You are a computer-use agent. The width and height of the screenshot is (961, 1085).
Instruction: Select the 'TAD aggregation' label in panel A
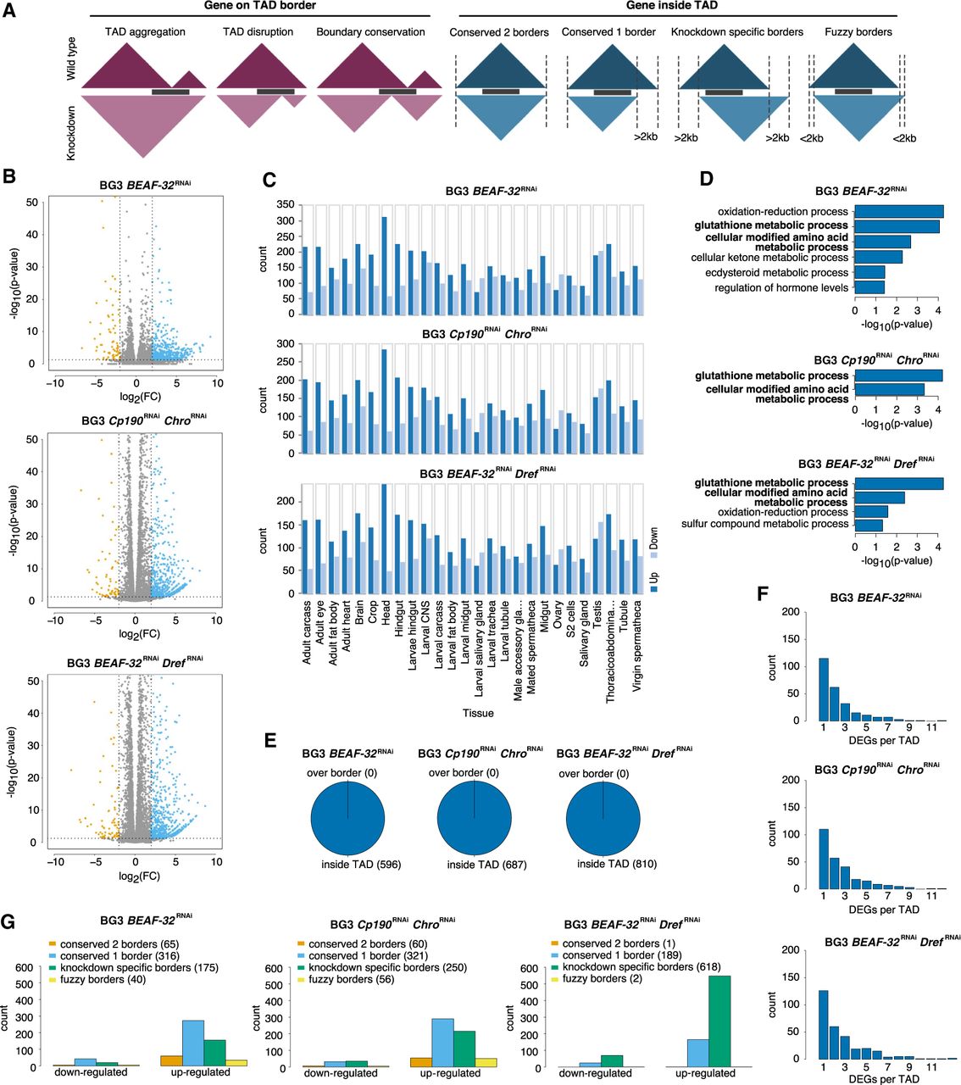(145, 32)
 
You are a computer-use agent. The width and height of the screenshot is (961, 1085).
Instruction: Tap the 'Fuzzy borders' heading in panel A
(858, 32)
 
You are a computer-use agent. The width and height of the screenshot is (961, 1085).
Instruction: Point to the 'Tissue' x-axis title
(478, 713)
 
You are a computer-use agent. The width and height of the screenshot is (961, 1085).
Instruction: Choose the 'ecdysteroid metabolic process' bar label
(776, 273)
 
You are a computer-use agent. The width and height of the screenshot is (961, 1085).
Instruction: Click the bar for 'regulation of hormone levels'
(869, 287)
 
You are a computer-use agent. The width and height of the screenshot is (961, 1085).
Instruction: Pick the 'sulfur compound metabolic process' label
(764, 525)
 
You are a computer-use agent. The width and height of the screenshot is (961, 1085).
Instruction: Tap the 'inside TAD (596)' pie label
(361, 865)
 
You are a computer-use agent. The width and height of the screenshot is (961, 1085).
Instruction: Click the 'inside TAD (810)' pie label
(617, 864)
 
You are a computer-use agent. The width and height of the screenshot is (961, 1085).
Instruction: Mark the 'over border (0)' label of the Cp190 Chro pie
(464, 773)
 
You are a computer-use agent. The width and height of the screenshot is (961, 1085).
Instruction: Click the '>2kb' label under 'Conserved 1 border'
(645, 136)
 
